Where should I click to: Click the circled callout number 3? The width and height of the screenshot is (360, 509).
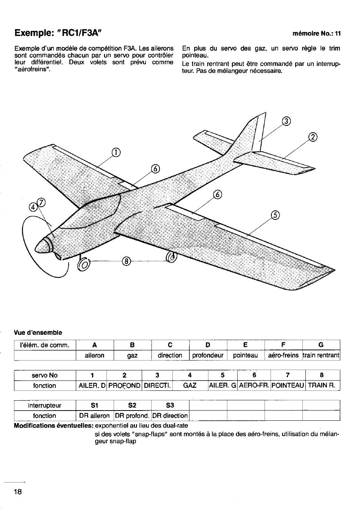pyautogui.click(x=286, y=121)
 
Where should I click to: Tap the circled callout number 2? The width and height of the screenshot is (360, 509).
pyautogui.click(x=313, y=137)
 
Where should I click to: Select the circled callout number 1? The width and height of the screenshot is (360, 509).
pyautogui.click(x=116, y=153)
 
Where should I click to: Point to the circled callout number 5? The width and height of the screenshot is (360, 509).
pyautogui.click(x=275, y=215)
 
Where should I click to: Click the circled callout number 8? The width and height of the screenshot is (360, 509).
pyautogui.click(x=127, y=261)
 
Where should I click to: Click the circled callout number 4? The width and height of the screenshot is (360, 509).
pyautogui.click(x=33, y=207)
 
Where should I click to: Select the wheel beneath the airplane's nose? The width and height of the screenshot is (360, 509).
pyautogui.click(x=84, y=264)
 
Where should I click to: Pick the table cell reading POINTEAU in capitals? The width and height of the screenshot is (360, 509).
pyautogui.click(x=288, y=386)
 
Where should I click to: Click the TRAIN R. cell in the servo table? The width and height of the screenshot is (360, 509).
pyautogui.click(x=321, y=386)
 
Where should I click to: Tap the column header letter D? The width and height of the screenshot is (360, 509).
pyautogui.click(x=208, y=345)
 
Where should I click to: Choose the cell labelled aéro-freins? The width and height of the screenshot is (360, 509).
pyautogui.click(x=283, y=355)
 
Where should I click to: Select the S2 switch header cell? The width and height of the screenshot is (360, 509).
pyautogui.click(x=132, y=405)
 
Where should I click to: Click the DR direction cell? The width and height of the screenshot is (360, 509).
pyautogui.click(x=170, y=415)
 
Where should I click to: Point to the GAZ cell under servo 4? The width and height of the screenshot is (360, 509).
pyautogui.click(x=190, y=386)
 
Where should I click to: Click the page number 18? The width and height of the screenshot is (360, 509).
pyautogui.click(x=18, y=492)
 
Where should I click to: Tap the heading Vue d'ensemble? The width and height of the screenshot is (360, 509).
pyautogui.click(x=38, y=333)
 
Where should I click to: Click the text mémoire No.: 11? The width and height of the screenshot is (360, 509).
pyautogui.click(x=316, y=34)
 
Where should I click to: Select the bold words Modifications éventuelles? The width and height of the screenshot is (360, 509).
pyautogui.click(x=54, y=425)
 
